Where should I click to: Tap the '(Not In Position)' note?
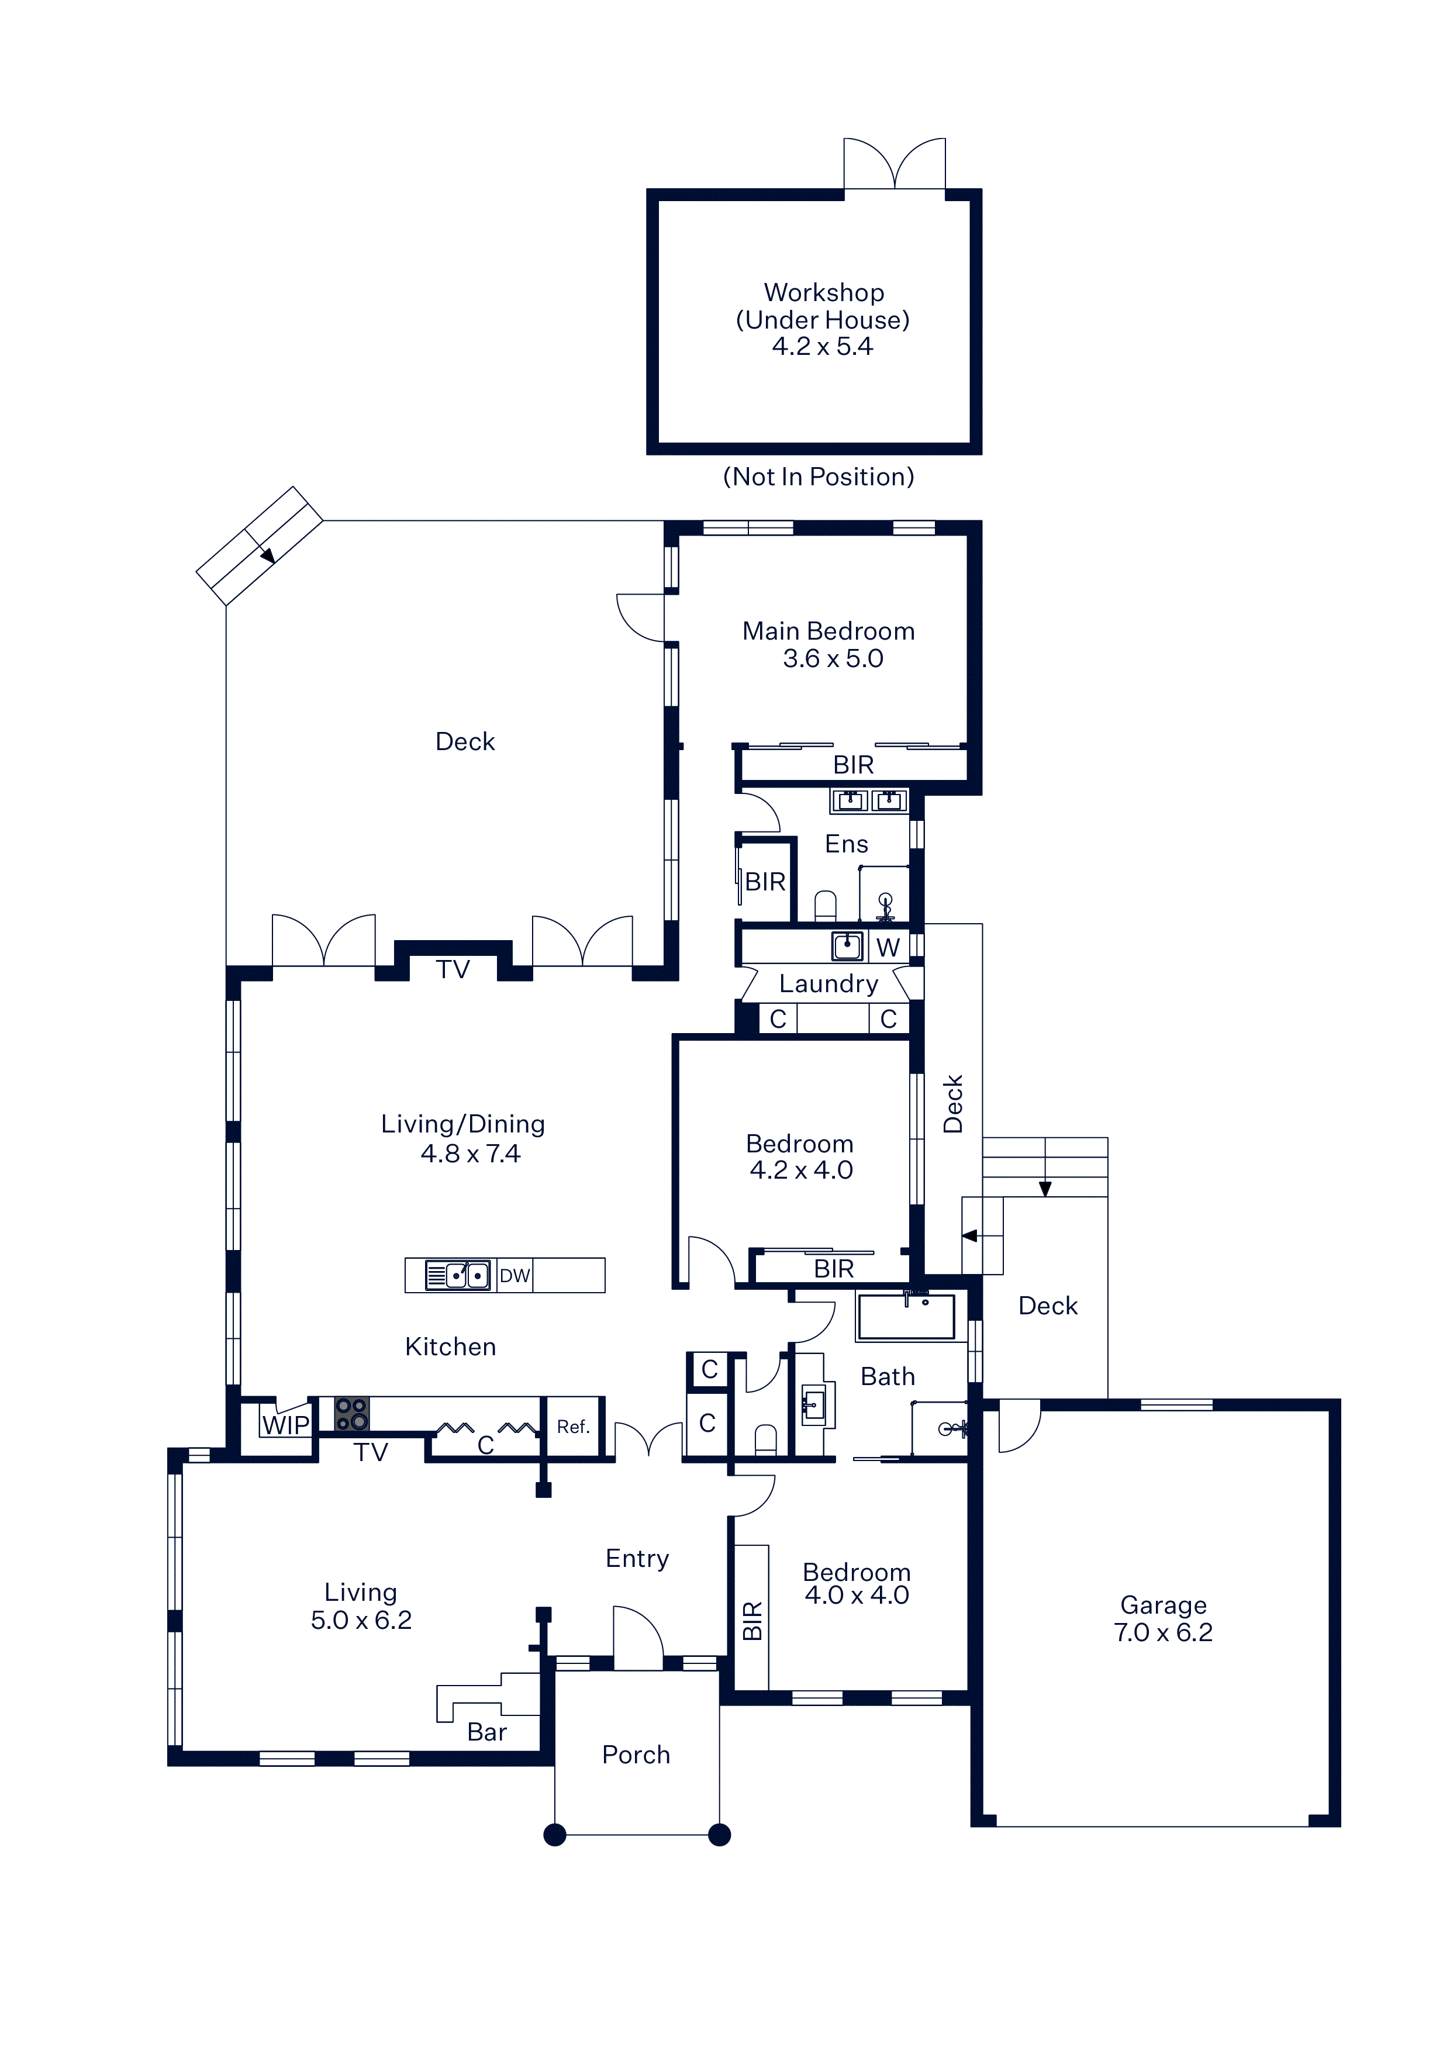coord(819,477)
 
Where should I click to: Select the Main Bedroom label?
coord(828,631)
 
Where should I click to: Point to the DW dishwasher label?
coord(515,1276)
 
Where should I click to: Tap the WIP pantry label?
coord(285,1425)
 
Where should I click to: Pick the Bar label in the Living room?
coord(487,1732)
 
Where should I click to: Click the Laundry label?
coord(828,985)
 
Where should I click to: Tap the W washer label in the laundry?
coord(887,948)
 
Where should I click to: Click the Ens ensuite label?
coord(846,844)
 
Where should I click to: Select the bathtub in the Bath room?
coord(906,1317)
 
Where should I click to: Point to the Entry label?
coord(637,1559)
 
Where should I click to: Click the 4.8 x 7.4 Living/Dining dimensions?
coord(470,1154)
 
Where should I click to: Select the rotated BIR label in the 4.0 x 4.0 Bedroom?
coord(752,1621)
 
